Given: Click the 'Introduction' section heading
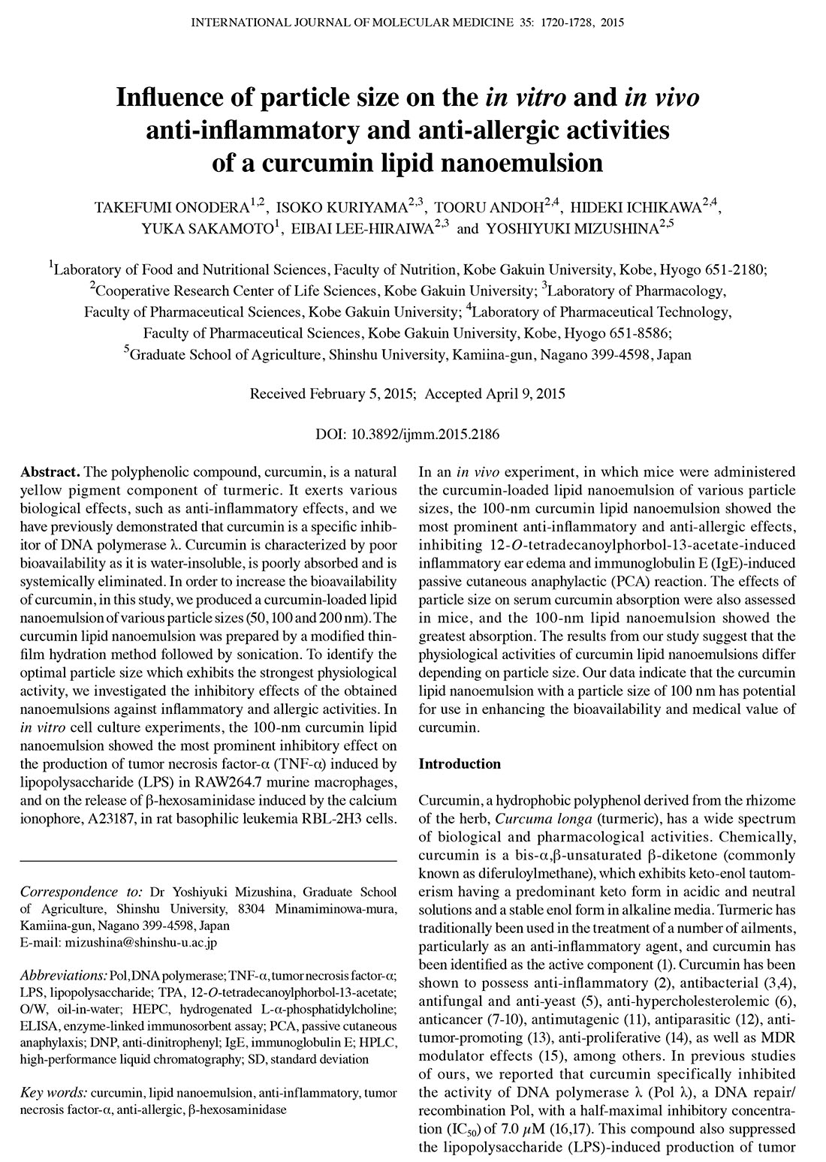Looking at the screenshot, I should [459, 764].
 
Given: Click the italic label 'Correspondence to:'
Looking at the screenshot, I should [81, 892].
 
